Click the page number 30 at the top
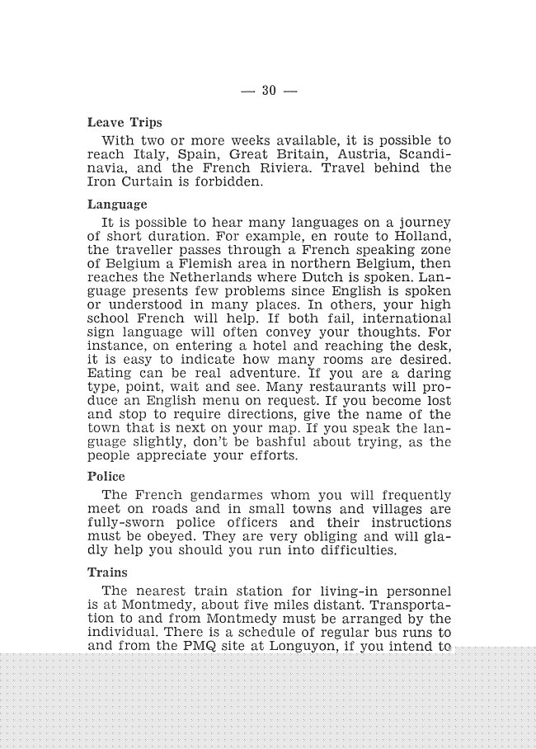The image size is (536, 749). (x=268, y=91)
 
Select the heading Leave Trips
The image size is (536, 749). (x=125, y=123)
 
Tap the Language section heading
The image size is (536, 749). (x=117, y=205)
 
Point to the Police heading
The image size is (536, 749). (x=106, y=476)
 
